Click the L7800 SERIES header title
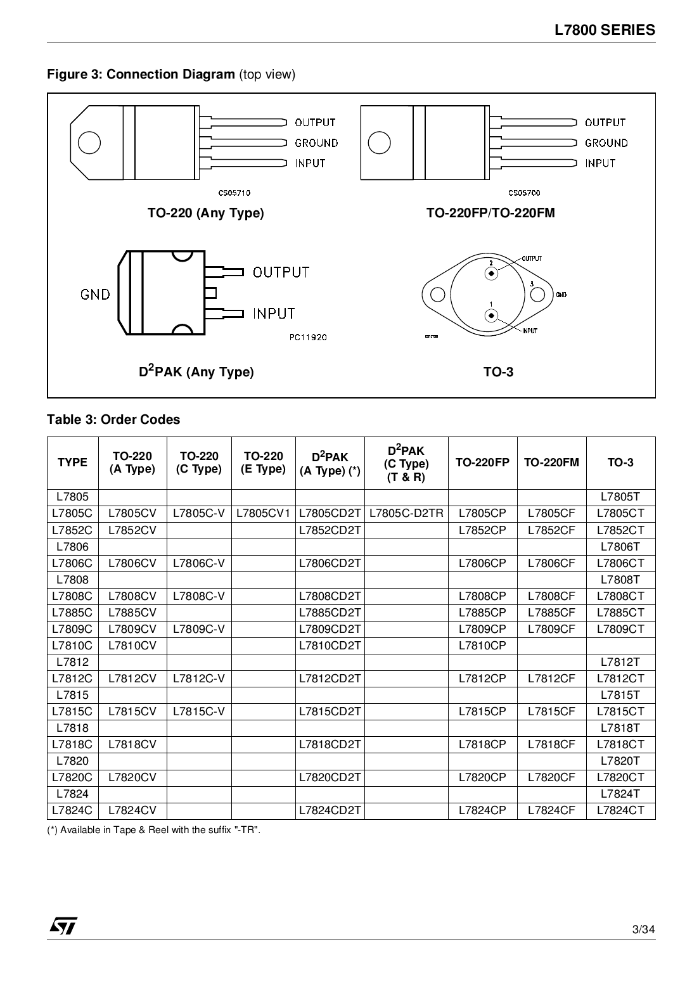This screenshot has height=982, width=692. click(605, 30)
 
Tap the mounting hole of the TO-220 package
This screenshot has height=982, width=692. click(89, 143)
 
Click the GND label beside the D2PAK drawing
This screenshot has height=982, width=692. click(95, 295)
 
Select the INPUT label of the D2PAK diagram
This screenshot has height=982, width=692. click(274, 314)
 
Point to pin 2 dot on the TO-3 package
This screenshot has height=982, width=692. click(491, 274)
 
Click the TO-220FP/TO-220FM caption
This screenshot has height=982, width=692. click(490, 213)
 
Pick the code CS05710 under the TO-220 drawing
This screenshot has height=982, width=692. click(234, 193)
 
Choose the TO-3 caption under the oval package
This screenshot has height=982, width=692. click(498, 372)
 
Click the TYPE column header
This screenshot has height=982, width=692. click(72, 462)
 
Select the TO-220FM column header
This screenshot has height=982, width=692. click(551, 462)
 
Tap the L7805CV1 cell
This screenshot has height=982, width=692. click(263, 514)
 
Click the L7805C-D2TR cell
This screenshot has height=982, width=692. click(406, 514)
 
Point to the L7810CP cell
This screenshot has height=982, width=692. click(482, 646)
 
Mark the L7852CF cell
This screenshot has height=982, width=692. click(551, 530)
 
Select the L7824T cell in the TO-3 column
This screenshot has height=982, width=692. click(620, 794)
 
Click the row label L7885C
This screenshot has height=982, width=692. click(72, 613)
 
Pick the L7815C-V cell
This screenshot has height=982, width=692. click(199, 711)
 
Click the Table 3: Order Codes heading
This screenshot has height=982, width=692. click(113, 419)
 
